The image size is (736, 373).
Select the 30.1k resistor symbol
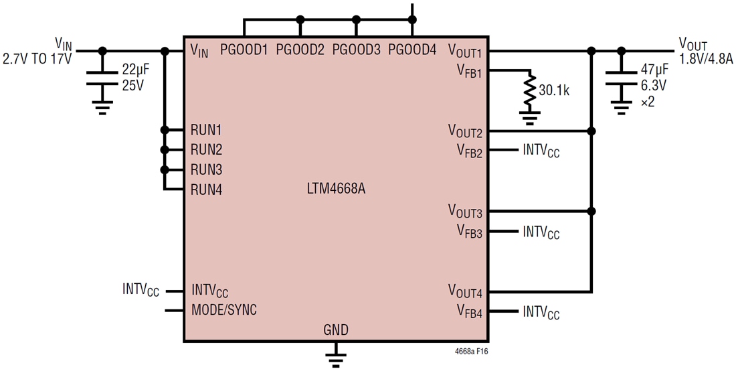(530, 92)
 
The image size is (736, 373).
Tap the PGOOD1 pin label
(244, 50)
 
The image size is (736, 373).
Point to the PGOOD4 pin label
(412, 50)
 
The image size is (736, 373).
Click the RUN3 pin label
(206, 169)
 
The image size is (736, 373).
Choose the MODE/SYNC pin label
(223, 310)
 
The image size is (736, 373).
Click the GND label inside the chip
(336, 329)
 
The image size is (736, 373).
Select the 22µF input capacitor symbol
(102, 78)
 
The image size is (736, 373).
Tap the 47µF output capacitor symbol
(622, 78)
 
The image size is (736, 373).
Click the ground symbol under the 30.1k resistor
(530, 119)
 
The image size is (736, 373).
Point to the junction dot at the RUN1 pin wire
(164, 130)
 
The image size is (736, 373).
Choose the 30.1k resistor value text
(554, 90)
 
